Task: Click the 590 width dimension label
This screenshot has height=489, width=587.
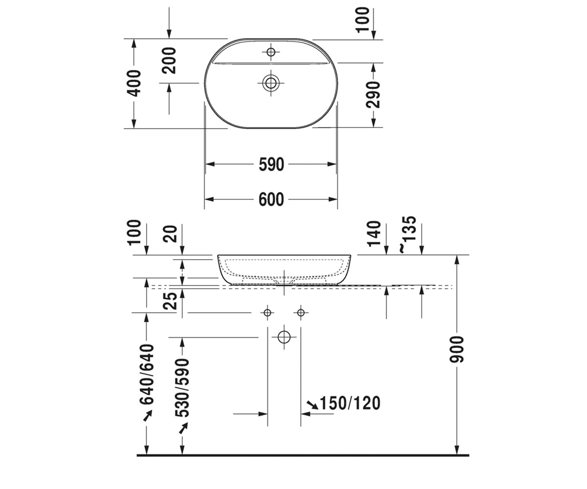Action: click(x=271, y=165)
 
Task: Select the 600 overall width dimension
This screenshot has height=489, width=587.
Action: click(x=271, y=200)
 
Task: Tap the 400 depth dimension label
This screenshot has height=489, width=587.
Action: click(x=134, y=83)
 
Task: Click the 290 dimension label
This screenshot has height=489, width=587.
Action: click(x=373, y=95)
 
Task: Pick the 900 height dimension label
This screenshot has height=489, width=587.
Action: click(x=456, y=349)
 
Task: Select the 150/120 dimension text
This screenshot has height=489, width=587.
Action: click(x=350, y=403)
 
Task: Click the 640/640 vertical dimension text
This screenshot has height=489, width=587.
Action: click(x=147, y=374)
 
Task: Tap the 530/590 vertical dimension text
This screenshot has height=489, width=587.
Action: click(x=182, y=388)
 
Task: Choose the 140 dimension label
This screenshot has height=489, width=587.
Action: click(x=374, y=234)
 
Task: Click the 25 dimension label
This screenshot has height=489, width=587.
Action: click(x=170, y=301)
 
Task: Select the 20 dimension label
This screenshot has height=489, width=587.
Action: click(x=170, y=234)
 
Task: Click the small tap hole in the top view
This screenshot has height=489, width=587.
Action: click(x=271, y=52)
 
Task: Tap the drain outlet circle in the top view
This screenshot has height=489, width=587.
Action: click(x=271, y=83)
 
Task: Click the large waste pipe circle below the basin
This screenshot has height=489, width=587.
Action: click(x=284, y=337)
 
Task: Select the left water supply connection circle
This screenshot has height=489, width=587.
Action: click(x=268, y=312)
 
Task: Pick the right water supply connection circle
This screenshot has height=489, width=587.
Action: click(x=301, y=312)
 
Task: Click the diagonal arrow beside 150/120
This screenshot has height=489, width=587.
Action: click(x=313, y=405)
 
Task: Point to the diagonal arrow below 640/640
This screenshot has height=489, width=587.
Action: click(x=148, y=415)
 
